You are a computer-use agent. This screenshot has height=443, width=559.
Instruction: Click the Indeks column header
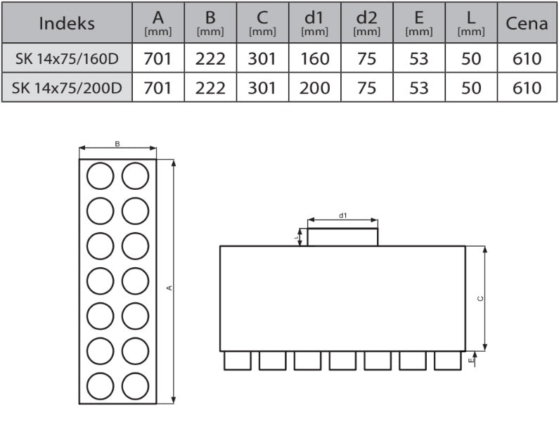pyautogui.click(x=67, y=23)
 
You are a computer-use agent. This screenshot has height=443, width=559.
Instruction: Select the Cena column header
pyautogui.click(x=527, y=23)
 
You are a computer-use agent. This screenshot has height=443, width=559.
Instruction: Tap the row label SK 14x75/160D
pyautogui.click(x=67, y=59)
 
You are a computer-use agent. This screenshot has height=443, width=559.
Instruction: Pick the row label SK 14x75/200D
pyautogui.click(x=67, y=88)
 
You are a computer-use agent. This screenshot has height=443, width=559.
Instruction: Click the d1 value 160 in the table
pyautogui.click(x=314, y=59)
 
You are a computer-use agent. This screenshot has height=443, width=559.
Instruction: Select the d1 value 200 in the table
pyautogui.click(x=314, y=88)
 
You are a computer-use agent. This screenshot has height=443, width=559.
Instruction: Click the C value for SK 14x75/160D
pyautogui.click(x=262, y=59)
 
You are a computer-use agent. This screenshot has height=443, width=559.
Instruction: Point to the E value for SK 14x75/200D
pyautogui.click(x=418, y=88)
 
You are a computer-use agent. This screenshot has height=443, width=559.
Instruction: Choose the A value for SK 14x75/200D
pyautogui.click(x=158, y=88)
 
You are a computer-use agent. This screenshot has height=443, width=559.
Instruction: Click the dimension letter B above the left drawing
pyautogui.click(x=117, y=144)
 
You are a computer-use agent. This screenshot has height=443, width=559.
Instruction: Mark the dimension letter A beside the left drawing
pyautogui.click(x=169, y=288)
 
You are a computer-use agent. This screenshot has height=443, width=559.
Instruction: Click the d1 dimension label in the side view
pyautogui.click(x=342, y=215)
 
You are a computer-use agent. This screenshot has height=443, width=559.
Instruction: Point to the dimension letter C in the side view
pyautogui.click(x=480, y=299)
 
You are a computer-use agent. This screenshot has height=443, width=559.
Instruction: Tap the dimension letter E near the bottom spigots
pyautogui.click(x=471, y=360)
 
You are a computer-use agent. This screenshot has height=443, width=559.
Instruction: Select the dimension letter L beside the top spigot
pyautogui.click(x=296, y=237)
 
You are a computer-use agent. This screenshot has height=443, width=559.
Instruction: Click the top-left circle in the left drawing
pyautogui.click(x=100, y=176)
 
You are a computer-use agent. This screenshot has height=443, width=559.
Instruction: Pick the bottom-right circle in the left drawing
pyautogui.click(x=135, y=386)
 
